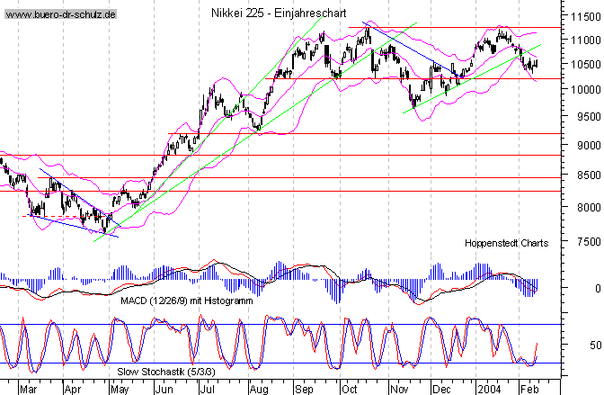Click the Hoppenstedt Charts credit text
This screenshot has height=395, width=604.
pos(507,243)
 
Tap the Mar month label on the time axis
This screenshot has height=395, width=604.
pos(28,388)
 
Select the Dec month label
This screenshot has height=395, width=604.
pos(440,388)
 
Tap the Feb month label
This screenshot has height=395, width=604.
pos(530,388)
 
